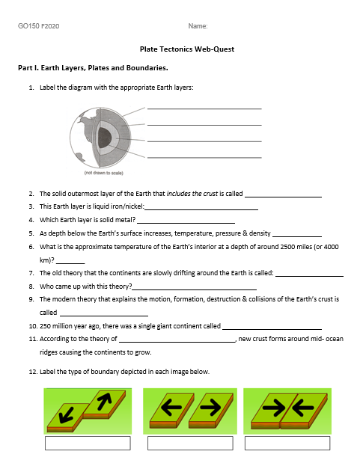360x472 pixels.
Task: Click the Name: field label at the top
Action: click(x=198, y=27)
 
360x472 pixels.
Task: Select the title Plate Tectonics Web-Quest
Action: click(x=187, y=49)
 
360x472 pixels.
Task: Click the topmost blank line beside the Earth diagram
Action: click(x=204, y=108)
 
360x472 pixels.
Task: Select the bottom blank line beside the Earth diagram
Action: click(x=204, y=157)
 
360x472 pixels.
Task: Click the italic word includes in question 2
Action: click(x=180, y=194)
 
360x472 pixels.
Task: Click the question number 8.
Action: click(x=31, y=286)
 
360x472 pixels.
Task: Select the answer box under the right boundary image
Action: click(x=287, y=443)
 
